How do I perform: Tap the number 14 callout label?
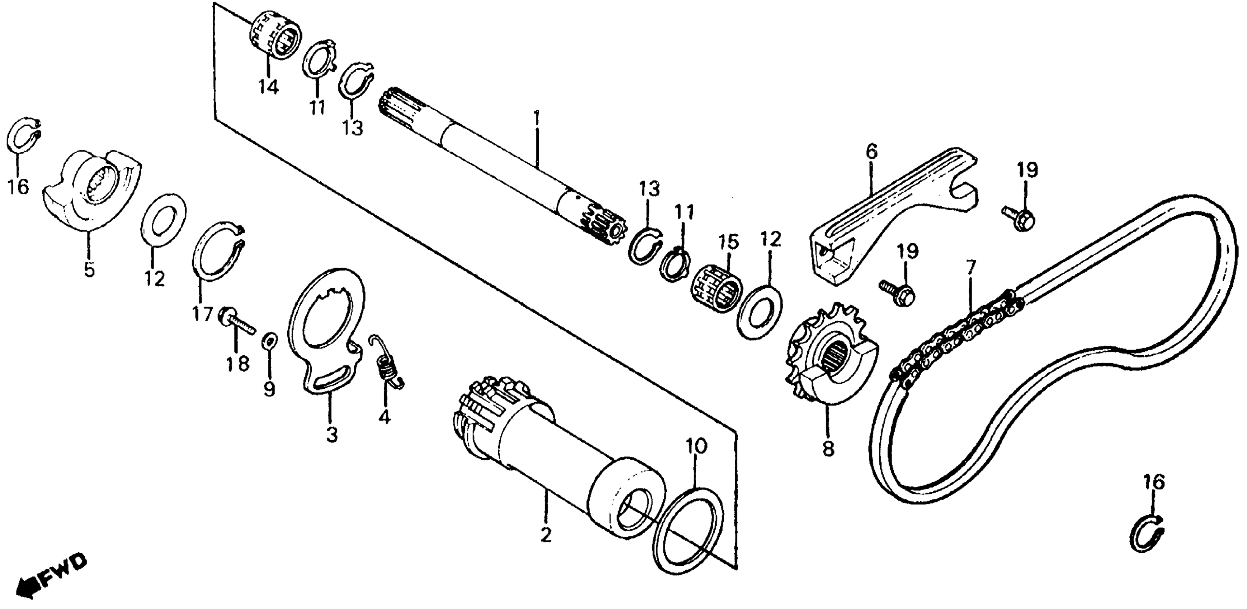268,87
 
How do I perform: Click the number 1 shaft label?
536,119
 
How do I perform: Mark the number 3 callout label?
331,435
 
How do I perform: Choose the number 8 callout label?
828,449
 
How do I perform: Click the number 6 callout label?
871,152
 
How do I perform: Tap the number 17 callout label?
202,315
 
